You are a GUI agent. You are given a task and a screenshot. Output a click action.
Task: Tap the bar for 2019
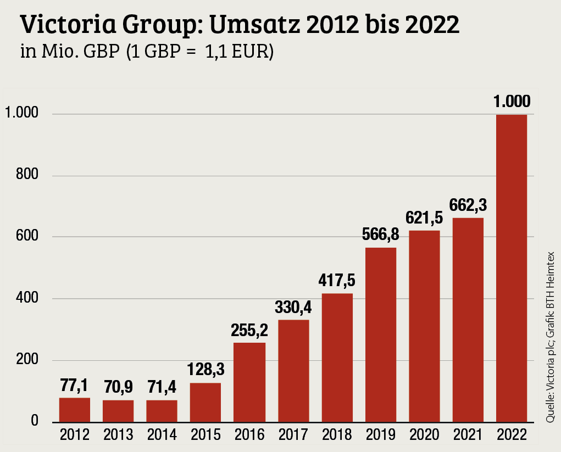[380, 334]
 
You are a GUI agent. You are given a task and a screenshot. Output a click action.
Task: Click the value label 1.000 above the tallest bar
[512, 102]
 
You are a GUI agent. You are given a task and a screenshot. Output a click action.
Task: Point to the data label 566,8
[380, 235]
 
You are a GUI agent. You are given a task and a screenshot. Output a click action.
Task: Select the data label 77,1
[75, 384]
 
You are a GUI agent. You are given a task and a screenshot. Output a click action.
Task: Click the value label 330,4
[293, 307]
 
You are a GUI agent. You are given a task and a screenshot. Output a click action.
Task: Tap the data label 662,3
[468, 205]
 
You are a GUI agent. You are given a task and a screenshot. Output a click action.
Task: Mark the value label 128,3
[205, 370]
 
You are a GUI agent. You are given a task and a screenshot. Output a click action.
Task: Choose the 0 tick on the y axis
[34, 422]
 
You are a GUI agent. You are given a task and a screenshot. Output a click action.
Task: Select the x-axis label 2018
[337, 436]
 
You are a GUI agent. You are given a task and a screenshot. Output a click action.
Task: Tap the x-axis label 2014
[162, 436]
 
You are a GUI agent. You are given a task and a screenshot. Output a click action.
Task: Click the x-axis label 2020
[424, 436]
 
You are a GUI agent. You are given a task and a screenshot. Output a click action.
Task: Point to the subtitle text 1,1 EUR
[239, 53]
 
